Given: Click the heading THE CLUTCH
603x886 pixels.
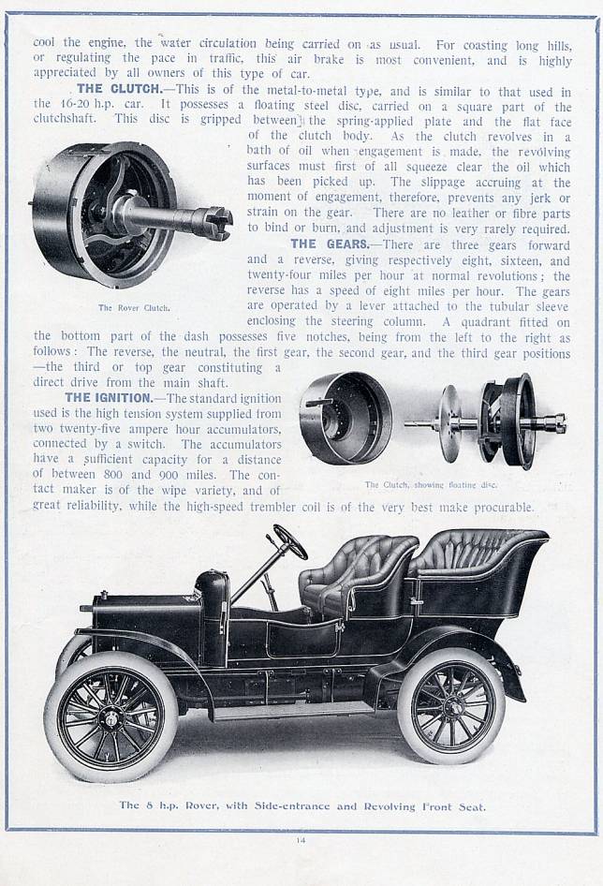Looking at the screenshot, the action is click(119, 89).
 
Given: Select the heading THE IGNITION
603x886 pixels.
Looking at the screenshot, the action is click(109, 398).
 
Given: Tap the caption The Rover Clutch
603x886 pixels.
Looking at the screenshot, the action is click(134, 308).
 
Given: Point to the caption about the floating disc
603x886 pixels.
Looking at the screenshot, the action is click(431, 485).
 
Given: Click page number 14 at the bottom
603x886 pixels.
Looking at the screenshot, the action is click(301, 840).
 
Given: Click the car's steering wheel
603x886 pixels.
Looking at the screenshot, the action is click(290, 541).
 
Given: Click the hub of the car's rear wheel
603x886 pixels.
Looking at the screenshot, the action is click(452, 706).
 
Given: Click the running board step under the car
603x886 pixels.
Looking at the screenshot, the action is click(294, 710).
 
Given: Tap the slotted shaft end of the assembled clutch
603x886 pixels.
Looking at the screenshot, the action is click(216, 218).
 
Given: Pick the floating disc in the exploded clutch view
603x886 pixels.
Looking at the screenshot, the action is click(451, 422).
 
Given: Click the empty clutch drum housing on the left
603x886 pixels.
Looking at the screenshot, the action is click(345, 417).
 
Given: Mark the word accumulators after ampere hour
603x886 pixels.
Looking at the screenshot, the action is click(244, 429).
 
